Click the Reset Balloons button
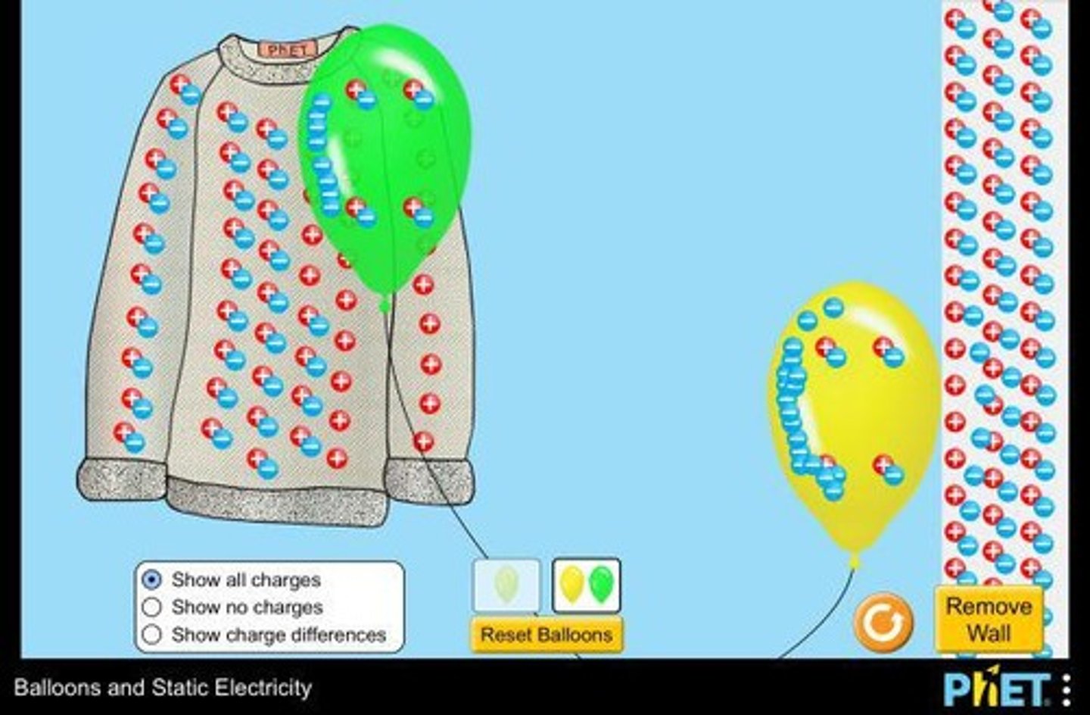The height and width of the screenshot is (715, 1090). click(547, 635)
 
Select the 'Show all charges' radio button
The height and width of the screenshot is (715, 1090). click(152, 580)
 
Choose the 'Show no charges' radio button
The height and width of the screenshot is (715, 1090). click(152, 607)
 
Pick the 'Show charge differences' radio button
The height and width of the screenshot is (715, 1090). click(152, 635)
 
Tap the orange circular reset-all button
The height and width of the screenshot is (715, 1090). click(883, 623)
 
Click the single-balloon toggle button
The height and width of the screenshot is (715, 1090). click(506, 585)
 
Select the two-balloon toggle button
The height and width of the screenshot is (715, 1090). click(586, 585)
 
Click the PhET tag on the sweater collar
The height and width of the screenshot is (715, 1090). click(288, 50)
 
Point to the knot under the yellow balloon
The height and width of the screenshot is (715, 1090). click(855, 560)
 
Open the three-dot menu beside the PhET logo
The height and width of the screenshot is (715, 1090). click(1067, 689)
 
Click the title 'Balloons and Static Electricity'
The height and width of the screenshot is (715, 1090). click(163, 688)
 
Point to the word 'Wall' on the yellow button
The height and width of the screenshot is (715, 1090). click(989, 633)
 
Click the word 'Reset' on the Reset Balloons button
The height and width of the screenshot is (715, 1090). click(506, 635)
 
